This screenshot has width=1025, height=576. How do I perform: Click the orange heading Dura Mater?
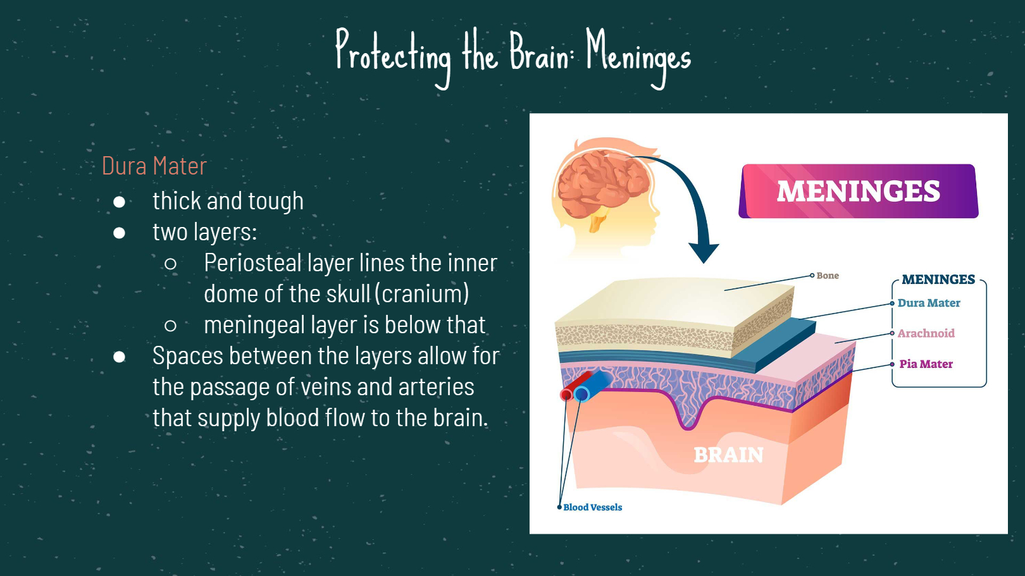click(154, 166)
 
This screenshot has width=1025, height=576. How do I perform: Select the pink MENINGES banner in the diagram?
click(859, 191)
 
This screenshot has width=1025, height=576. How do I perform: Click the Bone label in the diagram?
click(828, 276)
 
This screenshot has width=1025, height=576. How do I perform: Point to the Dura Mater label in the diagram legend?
click(928, 303)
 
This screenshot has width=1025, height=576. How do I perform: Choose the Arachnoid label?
click(926, 333)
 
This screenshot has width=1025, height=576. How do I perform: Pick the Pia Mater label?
click(926, 364)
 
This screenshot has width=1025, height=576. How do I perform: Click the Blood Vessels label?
click(592, 508)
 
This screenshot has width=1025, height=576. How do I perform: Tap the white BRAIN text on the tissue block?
click(728, 455)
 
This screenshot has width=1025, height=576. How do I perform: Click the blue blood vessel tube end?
click(581, 394)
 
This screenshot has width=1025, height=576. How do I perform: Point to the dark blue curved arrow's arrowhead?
click(704, 254)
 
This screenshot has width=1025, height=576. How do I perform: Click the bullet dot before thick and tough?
click(120, 202)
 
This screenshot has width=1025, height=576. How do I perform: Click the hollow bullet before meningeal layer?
click(170, 326)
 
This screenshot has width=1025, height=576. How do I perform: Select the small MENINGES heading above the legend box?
click(938, 279)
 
